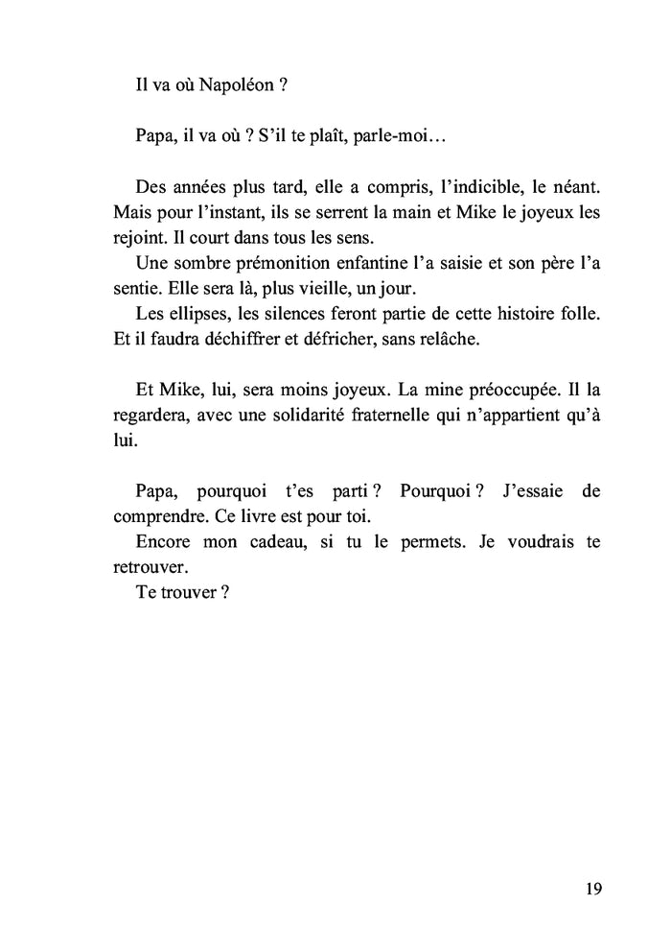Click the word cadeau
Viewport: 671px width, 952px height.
(278, 541)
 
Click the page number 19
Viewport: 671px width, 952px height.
(591, 889)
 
